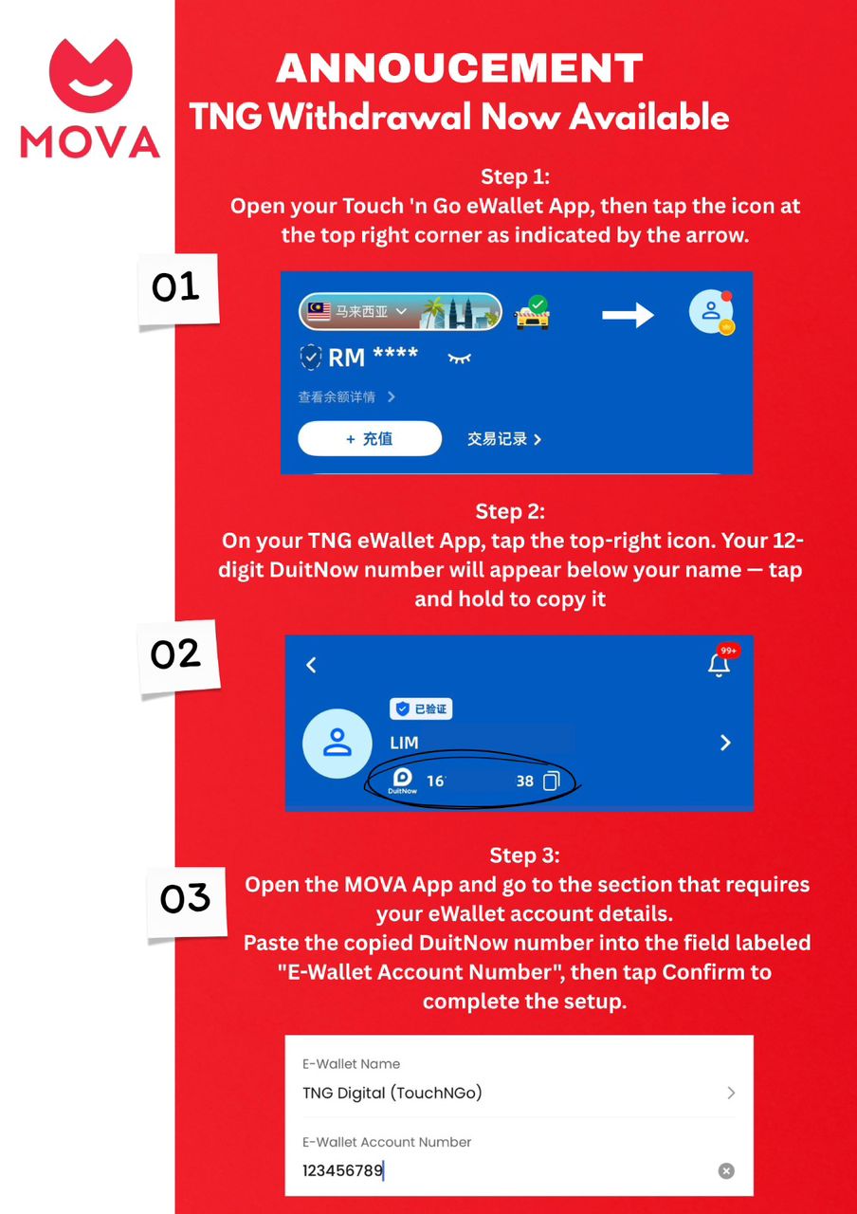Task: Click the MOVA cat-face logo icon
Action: [x=90, y=75]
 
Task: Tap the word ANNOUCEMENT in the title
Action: [x=460, y=68]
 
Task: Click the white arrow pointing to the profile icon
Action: [x=628, y=315]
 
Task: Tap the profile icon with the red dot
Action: [x=711, y=312]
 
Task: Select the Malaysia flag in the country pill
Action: [x=319, y=311]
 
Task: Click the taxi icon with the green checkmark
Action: [x=533, y=313]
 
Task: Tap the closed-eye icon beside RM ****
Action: [x=460, y=358]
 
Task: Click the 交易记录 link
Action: [x=503, y=438]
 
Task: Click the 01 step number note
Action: [x=177, y=289]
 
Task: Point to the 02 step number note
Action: [x=177, y=655]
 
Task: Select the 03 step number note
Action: [x=186, y=901]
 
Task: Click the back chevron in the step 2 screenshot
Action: [x=311, y=665]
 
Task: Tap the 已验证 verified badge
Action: [x=421, y=708]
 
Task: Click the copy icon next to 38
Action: [x=551, y=781]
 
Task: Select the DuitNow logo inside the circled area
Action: [x=403, y=781]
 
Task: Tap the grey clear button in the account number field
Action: [x=726, y=1170]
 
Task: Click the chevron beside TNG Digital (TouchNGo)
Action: [x=731, y=1092]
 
